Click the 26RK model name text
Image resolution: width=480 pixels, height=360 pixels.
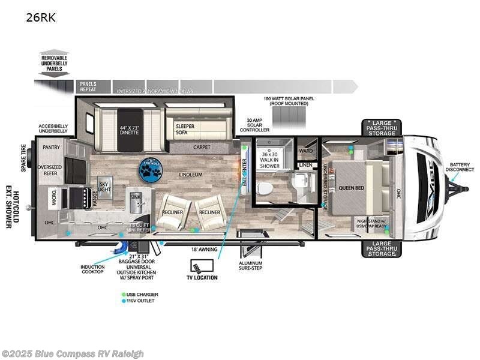[x=40, y=17]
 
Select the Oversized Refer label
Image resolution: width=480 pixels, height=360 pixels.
[x=50, y=170]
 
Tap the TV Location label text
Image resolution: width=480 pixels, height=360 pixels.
[x=202, y=277]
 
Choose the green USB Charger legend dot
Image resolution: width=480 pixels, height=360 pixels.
[x=123, y=293]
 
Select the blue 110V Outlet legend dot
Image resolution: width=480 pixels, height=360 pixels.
[x=123, y=301]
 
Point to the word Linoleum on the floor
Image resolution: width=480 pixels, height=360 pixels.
[x=191, y=175]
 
